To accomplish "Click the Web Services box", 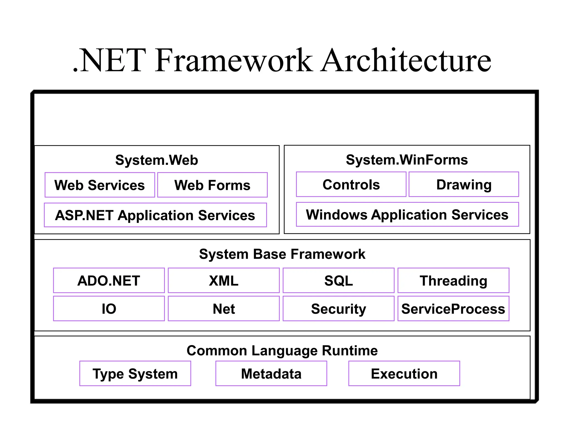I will click(100, 185).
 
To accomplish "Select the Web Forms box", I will click(212, 185).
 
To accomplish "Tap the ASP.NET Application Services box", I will click(155, 215).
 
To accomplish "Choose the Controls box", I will click(351, 184).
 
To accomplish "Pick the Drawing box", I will click(464, 184).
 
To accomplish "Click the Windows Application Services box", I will click(407, 215).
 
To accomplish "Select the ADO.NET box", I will click(109, 281).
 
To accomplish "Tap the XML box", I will click(223, 281).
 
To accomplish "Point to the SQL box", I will click(338, 281).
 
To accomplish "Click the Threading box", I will click(453, 281).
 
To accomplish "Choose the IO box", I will click(109, 309).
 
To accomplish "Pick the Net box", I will click(223, 309).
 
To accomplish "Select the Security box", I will click(338, 309).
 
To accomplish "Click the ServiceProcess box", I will click(453, 309).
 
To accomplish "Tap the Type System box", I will click(135, 374).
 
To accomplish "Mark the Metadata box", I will click(271, 374).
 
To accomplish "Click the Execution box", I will click(404, 374).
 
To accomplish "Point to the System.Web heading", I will click(156, 160).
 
